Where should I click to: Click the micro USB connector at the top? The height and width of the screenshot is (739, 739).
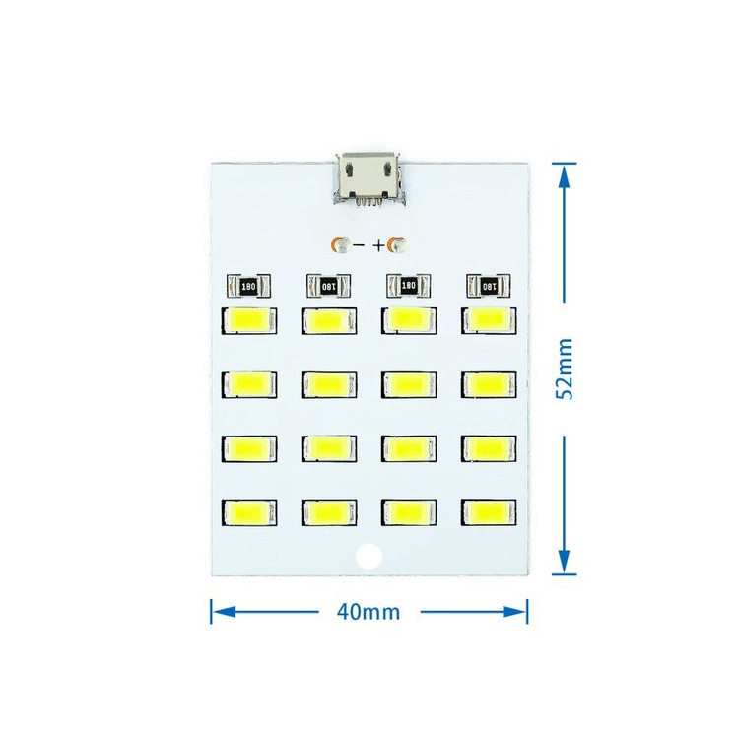pyautogui.click(x=367, y=178)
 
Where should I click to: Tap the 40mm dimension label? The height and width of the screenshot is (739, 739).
pyautogui.click(x=369, y=611)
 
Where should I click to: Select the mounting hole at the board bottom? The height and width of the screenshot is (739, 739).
pyautogui.click(x=369, y=556)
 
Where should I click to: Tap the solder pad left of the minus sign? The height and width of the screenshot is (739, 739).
pyautogui.click(x=341, y=243)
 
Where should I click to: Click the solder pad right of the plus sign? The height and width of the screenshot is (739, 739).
pyautogui.click(x=398, y=243)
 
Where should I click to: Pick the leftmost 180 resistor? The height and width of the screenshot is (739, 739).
pyautogui.click(x=246, y=286)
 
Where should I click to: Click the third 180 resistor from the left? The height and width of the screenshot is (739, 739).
pyautogui.click(x=406, y=286)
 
